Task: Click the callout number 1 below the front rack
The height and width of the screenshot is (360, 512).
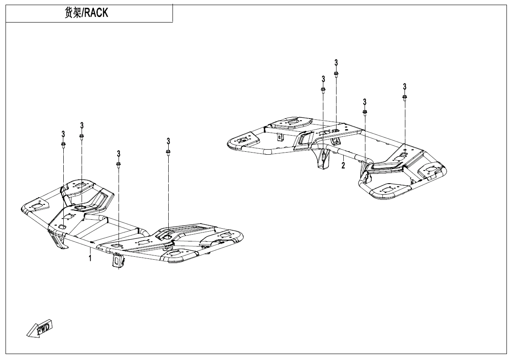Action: (x=90, y=258)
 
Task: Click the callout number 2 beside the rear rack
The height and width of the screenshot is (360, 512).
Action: (x=343, y=165)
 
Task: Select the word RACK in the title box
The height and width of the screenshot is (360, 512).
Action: (x=95, y=13)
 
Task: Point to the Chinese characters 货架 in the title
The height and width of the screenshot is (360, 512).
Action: (x=72, y=13)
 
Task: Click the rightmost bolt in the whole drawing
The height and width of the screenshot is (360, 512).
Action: (x=405, y=97)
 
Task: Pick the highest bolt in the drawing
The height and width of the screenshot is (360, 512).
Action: (x=336, y=74)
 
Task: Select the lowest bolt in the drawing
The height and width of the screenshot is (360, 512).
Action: (x=119, y=164)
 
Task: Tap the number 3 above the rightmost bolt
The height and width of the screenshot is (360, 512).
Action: (x=405, y=87)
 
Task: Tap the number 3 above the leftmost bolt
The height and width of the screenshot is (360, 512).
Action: (x=63, y=134)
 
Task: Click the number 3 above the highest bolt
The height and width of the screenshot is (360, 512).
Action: (x=336, y=62)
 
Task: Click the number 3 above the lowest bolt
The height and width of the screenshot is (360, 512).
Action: (x=119, y=153)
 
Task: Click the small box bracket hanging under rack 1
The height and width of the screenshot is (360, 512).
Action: (x=117, y=260)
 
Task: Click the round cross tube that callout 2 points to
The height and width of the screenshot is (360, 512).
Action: (x=348, y=154)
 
